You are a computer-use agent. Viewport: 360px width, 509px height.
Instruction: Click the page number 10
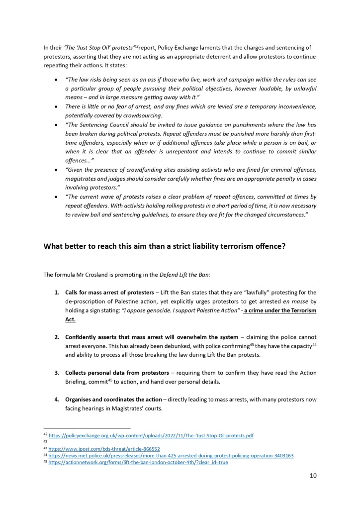(313, 475)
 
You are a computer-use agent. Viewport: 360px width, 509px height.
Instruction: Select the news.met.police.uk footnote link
(171, 455)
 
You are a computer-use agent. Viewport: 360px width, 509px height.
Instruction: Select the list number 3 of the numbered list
(56, 373)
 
